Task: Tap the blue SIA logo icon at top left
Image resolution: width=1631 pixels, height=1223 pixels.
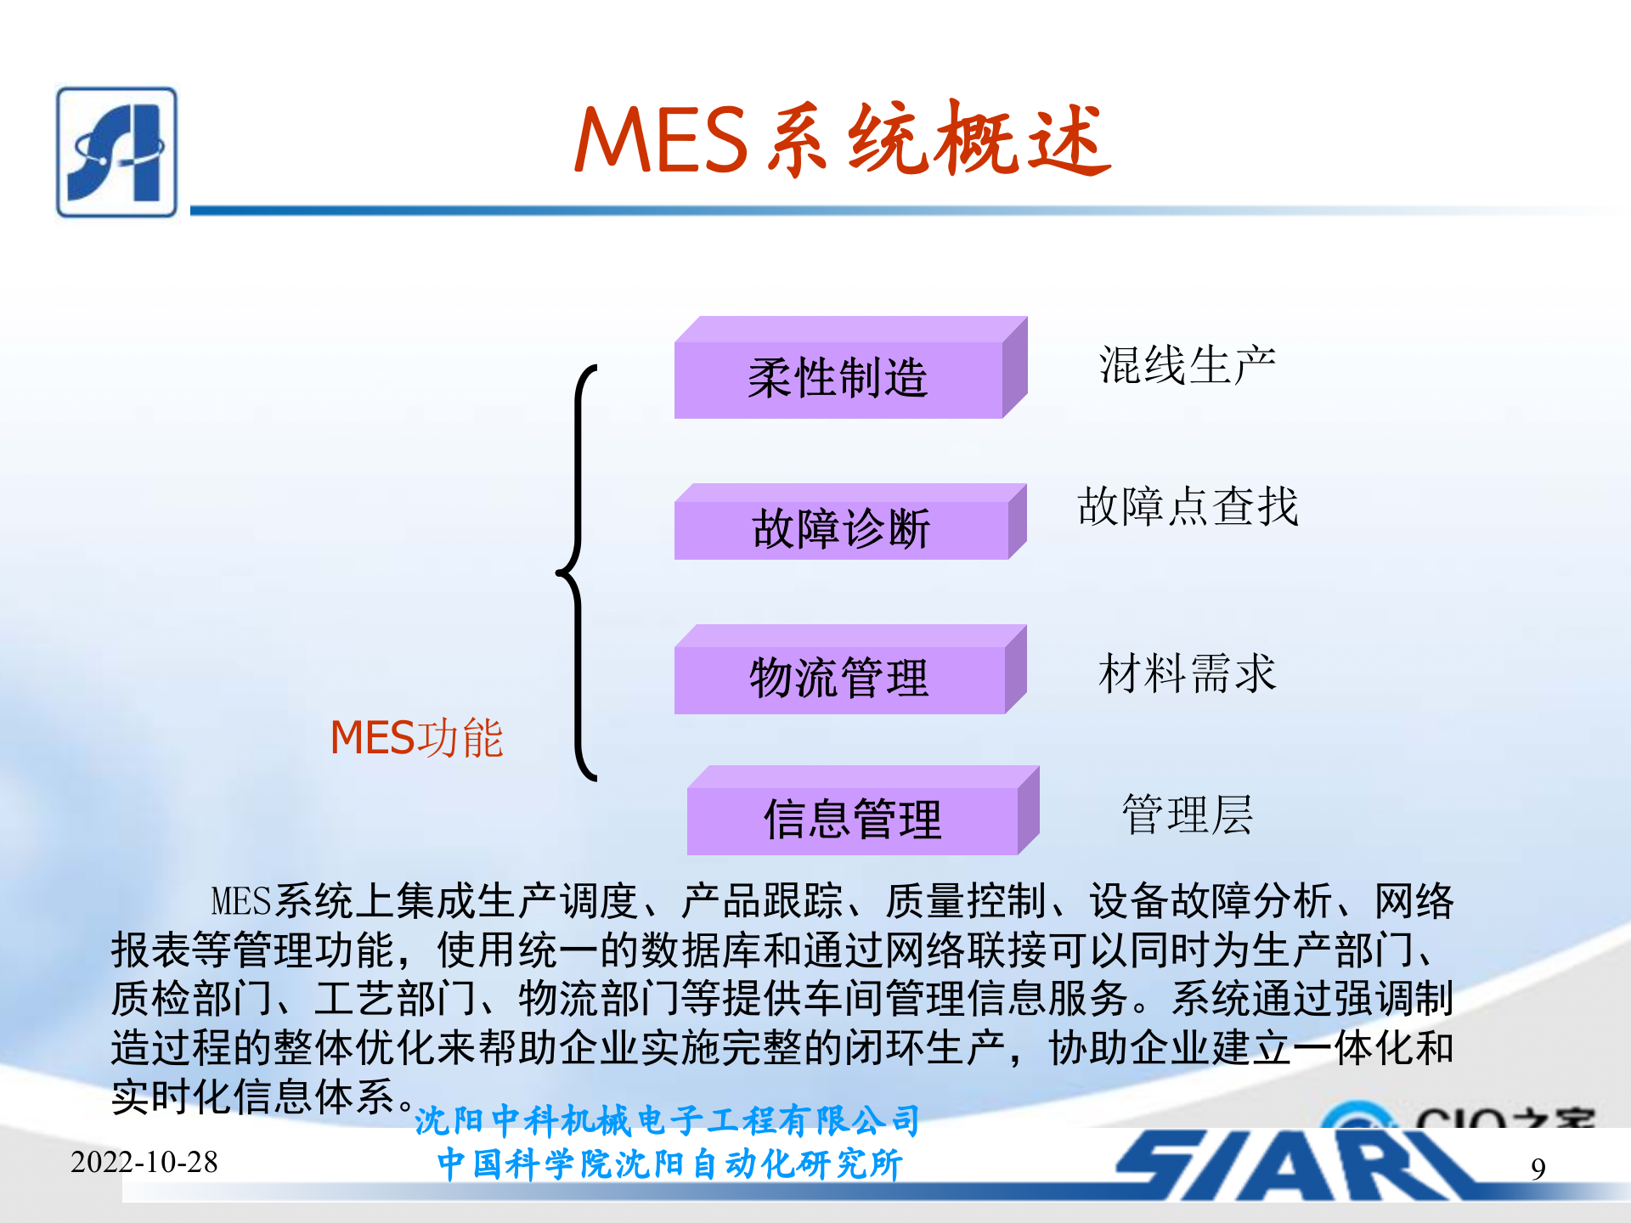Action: [x=117, y=152]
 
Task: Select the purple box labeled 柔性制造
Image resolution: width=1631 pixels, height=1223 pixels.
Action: [x=838, y=379]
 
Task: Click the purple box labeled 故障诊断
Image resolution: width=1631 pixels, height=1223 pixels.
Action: [x=841, y=529]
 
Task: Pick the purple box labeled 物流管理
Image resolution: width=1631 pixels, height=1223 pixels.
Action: [x=839, y=679]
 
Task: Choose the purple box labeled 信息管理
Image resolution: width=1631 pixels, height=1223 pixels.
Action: [x=852, y=820]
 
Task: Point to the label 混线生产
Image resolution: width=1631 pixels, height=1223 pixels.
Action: [x=1187, y=366]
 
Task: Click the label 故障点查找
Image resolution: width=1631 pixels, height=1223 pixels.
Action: [x=1188, y=507]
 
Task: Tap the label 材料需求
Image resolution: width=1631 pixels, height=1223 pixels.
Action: [x=1187, y=673]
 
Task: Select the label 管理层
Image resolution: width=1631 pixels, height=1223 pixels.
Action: [x=1187, y=814]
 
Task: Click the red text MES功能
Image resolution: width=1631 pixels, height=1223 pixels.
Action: [x=416, y=737]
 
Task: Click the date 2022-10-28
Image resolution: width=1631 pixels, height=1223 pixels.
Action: [x=144, y=1162]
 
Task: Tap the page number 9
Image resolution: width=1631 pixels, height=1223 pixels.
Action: [x=1538, y=1169]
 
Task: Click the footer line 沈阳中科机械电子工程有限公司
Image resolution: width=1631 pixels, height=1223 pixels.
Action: [x=668, y=1121]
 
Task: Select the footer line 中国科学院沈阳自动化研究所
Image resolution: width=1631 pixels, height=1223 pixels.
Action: [x=669, y=1164]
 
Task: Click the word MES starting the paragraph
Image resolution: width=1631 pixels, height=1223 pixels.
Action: [x=241, y=901]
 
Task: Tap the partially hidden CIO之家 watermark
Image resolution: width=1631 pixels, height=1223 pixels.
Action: [x=1461, y=1115]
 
